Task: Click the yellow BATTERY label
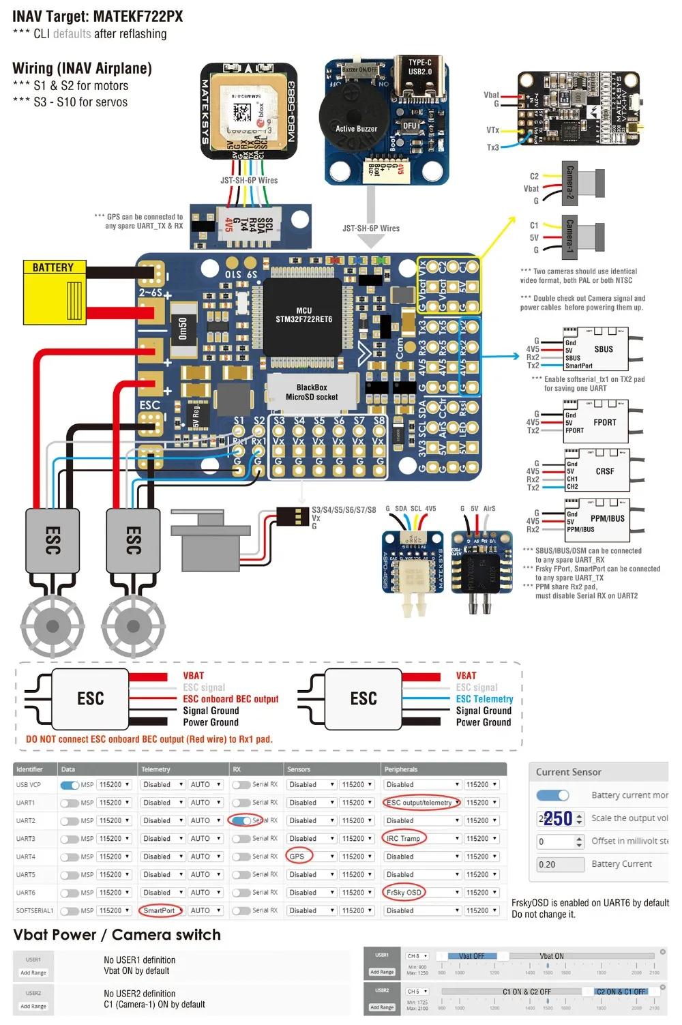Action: (53, 267)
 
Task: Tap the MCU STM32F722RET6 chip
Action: (304, 314)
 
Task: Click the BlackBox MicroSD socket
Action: (311, 392)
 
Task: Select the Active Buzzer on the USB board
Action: (355, 128)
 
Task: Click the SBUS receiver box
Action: (595, 348)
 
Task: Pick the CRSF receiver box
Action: (596, 471)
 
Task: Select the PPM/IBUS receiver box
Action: (596, 520)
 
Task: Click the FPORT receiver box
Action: (596, 422)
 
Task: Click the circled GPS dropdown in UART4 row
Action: (298, 856)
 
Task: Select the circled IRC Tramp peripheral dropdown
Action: (404, 838)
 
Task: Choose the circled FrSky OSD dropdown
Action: (404, 892)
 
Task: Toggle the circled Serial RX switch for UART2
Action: (241, 820)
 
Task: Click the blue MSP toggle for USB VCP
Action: (70, 785)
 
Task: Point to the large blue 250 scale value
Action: (557, 818)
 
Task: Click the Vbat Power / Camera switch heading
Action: (117, 934)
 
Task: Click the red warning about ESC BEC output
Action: (149, 739)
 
